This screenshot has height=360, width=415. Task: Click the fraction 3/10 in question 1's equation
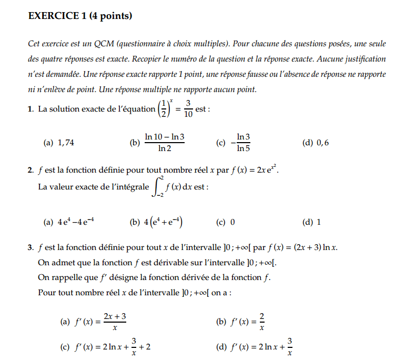[x=188, y=109]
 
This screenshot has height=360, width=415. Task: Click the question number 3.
[x=31, y=247]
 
